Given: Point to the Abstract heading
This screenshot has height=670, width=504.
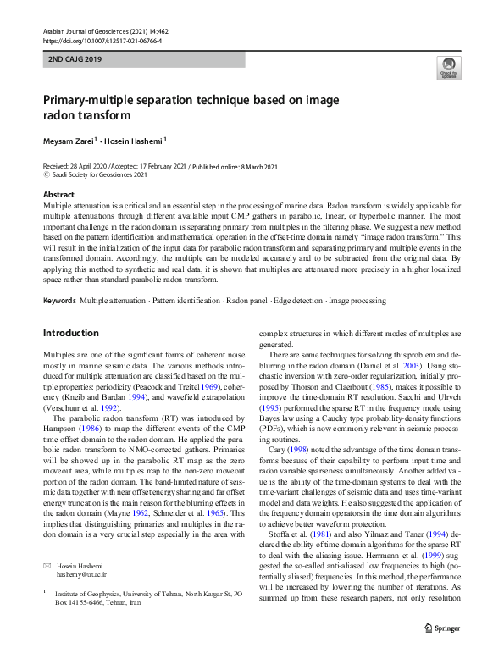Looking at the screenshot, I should click(x=58, y=195).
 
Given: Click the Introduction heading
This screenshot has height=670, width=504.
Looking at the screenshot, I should click(x=70, y=333).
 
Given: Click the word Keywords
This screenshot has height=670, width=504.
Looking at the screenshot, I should click(x=59, y=301).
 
